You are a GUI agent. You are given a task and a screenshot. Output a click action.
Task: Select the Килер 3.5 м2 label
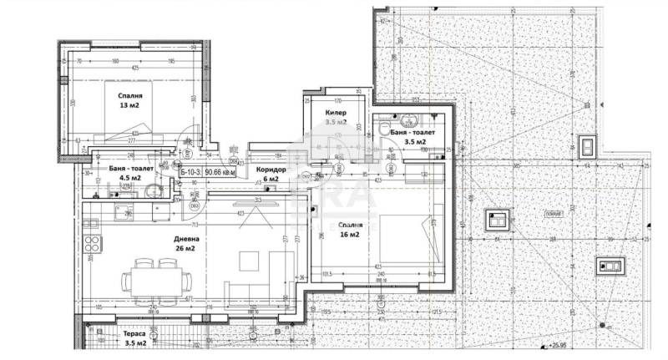[336, 116]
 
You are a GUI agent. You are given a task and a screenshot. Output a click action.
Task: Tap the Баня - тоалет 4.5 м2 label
[119, 172]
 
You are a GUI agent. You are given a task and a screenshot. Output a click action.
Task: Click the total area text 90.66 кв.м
[224, 172]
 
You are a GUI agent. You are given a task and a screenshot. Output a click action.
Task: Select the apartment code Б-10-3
[193, 172]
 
